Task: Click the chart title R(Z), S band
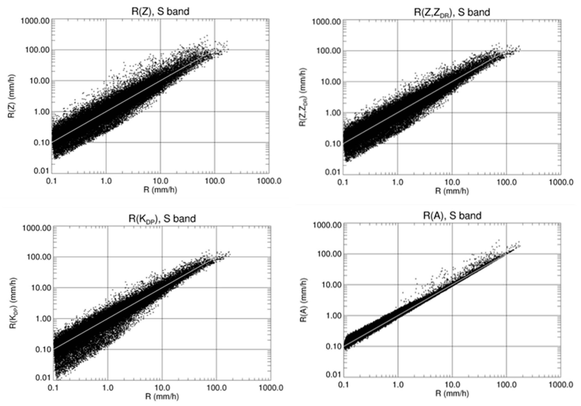(x=160, y=11)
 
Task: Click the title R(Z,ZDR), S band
(x=452, y=12)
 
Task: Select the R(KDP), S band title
(x=162, y=218)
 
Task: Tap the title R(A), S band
(x=452, y=216)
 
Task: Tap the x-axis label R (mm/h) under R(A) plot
(x=452, y=394)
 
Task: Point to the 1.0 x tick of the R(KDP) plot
(x=108, y=388)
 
